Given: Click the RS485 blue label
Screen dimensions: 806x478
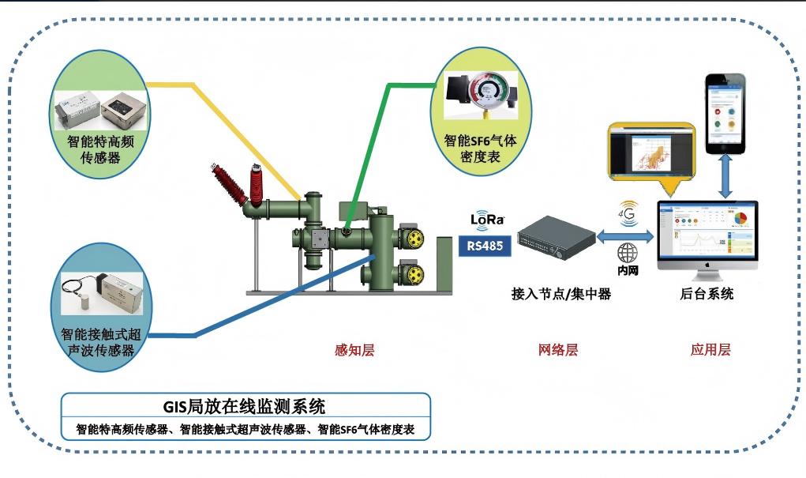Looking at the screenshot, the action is tap(485, 246).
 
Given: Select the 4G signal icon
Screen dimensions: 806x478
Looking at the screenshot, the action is tap(628, 212).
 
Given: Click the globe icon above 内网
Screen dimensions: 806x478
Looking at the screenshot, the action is tap(628, 253).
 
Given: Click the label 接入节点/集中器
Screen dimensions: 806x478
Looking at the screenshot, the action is tap(561, 294).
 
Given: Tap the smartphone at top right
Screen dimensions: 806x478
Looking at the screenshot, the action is tap(725, 114).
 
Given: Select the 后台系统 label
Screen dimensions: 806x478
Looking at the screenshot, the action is tap(707, 294).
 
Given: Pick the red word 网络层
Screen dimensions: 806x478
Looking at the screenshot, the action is tap(558, 349).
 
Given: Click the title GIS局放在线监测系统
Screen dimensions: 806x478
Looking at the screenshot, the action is tap(244, 407).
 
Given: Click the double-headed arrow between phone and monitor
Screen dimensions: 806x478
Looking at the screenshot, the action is tap(725, 179).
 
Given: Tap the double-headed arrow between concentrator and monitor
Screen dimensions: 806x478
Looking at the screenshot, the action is tap(628, 235).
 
